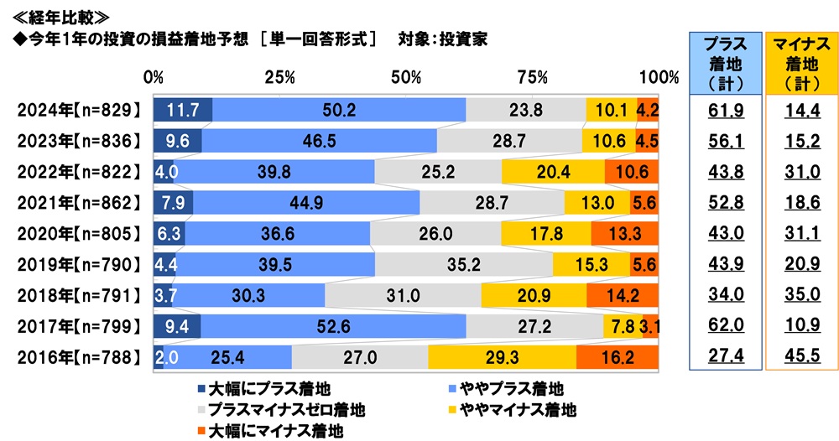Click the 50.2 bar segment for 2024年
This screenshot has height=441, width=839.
339,110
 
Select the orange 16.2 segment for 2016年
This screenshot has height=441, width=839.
618,357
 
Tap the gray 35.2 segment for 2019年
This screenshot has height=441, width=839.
463,264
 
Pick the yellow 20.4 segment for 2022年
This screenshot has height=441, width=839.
553,172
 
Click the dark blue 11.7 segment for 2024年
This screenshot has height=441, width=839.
182,110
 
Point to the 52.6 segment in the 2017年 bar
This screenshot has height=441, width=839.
334,326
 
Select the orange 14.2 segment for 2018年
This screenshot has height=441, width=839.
623,295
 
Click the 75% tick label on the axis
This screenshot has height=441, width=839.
533,78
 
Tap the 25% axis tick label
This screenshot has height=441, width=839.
279,78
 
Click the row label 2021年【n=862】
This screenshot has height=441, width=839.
77,203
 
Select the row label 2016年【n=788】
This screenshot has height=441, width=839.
77,357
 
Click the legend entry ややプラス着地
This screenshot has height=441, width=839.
512,389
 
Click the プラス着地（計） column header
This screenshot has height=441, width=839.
724,63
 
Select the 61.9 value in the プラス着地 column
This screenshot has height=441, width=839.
724,110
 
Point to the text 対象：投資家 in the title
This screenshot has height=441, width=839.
442,39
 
